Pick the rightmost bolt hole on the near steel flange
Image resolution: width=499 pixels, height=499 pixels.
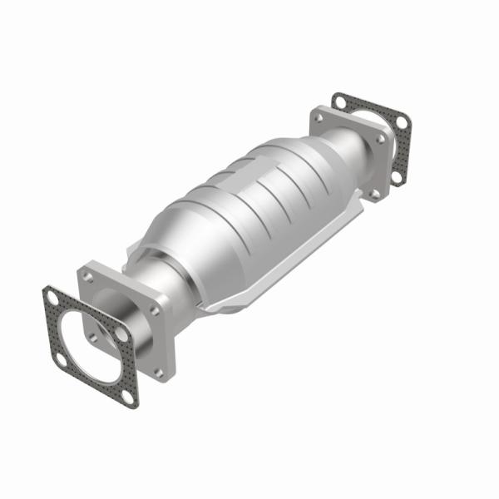tap(155, 309)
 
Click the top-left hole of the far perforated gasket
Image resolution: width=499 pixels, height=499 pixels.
tap(339, 101)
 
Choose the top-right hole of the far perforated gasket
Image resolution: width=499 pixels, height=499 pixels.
tap(400, 123)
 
